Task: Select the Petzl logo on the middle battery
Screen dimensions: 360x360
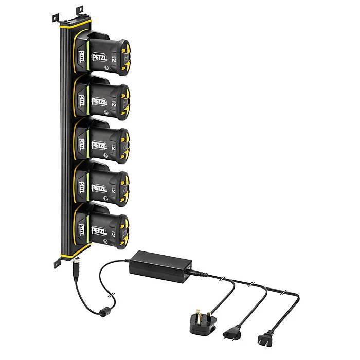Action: (100, 145)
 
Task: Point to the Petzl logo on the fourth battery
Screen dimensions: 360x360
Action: (100, 187)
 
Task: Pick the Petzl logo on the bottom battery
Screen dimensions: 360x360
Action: (100, 230)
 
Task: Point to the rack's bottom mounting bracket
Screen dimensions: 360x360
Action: (58, 261)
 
